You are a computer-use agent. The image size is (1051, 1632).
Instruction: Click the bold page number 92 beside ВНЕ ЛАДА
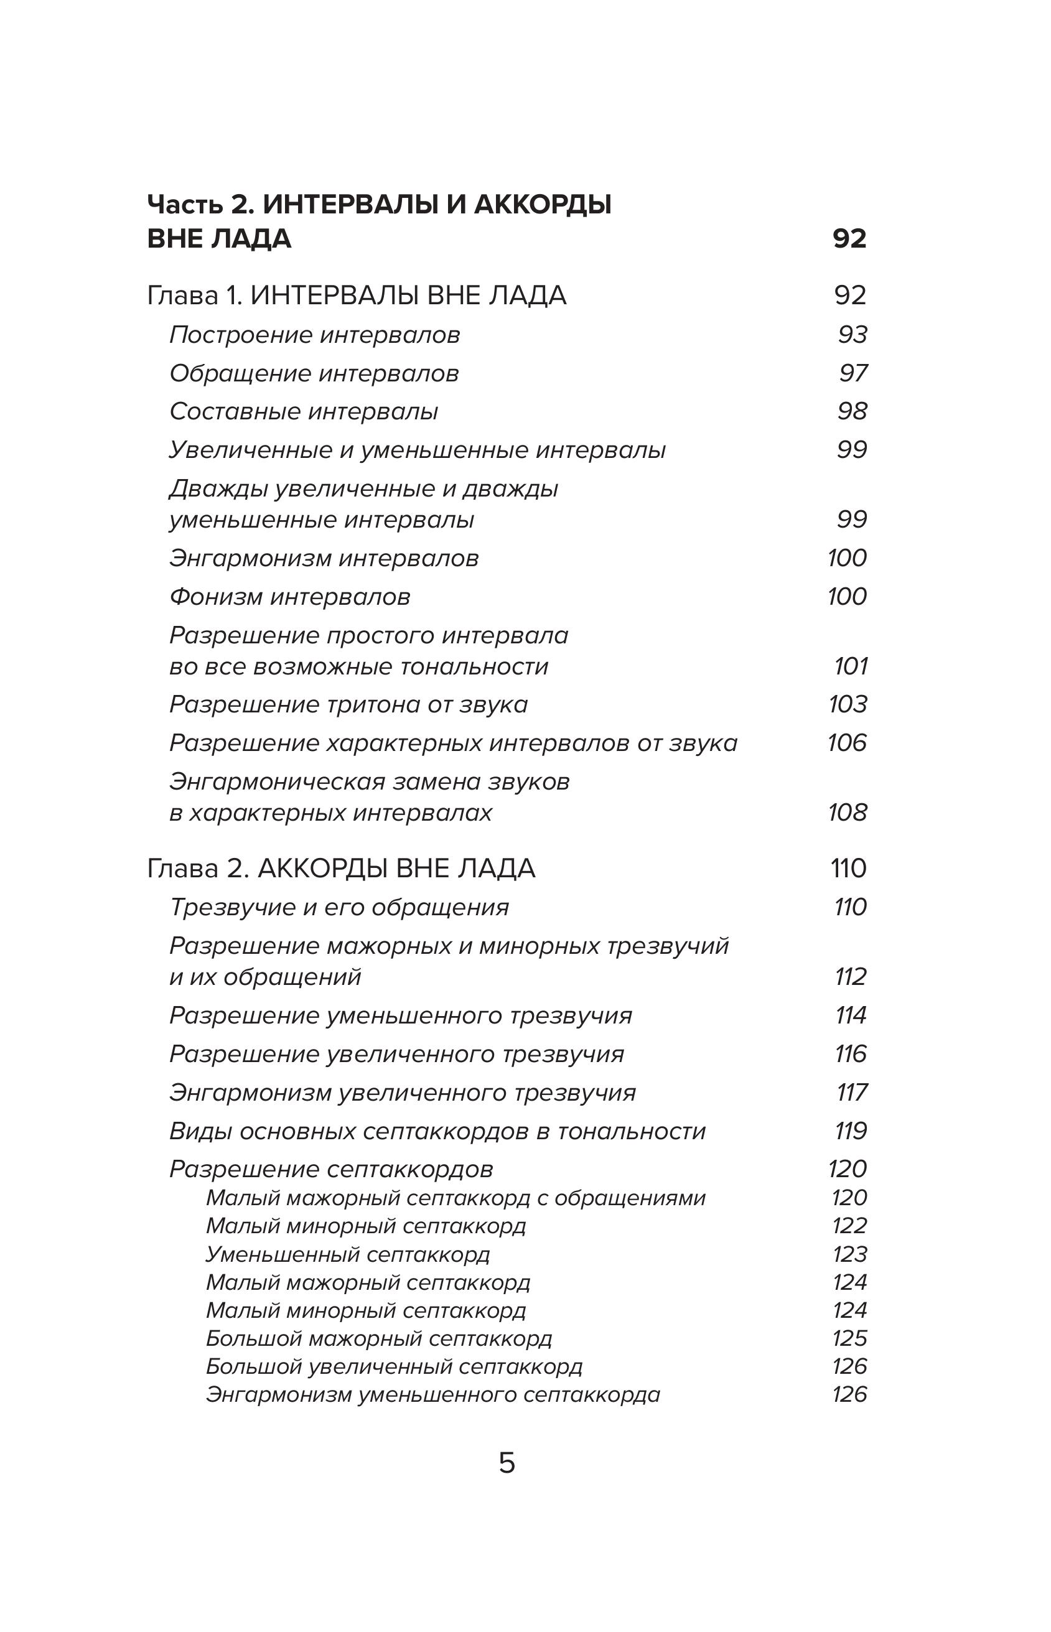[849, 238]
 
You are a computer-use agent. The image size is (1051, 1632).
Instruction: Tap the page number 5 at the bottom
[507, 1463]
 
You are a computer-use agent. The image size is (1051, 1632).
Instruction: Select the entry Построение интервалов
[315, 335]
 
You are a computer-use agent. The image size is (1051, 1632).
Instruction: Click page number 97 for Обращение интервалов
[853, 373]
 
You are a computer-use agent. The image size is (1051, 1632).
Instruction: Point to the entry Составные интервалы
[304, 411]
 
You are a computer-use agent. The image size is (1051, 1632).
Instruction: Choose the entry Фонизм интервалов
[289, 597]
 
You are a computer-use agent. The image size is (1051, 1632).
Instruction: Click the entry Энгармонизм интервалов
[324, 558]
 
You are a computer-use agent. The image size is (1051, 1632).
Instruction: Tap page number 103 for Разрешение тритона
[848, 704]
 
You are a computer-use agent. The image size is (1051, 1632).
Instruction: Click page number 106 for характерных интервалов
[847, 742]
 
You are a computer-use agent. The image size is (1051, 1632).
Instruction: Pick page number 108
[847, 812]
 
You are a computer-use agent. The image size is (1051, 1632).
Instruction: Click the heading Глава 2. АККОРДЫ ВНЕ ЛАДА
[341, 869]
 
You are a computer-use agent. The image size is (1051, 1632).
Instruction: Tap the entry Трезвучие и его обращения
[339, 907]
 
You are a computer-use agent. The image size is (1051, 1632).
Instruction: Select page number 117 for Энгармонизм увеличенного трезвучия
[852, 1093]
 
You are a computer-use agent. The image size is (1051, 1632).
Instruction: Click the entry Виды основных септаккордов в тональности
[437, 1131]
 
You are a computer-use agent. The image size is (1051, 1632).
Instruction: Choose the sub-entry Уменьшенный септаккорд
[348, 1254]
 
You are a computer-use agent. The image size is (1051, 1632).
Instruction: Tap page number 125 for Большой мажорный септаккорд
[849, 1338]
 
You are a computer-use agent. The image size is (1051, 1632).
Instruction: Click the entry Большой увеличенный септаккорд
[394, 1366]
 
